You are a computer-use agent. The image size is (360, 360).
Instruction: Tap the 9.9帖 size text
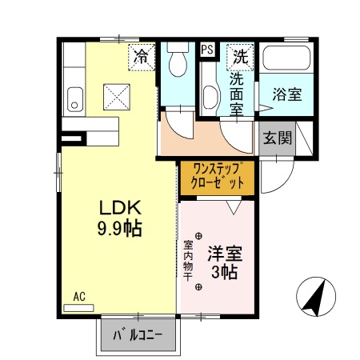[119, 229]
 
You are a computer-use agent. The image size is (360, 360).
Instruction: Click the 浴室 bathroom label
[288, 94]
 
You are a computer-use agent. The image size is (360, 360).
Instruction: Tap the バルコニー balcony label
[137, 333]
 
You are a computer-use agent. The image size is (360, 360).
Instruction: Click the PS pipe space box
[206, 50]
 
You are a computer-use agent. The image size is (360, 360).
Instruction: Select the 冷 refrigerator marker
[142, 58]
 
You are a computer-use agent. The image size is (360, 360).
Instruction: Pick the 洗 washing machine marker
[240, 57]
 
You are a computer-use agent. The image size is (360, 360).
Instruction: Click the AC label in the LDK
[79, 296]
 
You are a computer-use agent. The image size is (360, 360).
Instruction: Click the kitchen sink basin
[74, 100]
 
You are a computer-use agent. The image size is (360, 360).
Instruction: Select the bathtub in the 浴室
[288, 59]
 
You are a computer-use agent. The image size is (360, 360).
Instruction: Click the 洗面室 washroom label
[237, 94]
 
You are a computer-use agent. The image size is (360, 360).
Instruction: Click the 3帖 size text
[224, 272]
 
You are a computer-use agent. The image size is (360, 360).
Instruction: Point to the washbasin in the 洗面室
[210, 98]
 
